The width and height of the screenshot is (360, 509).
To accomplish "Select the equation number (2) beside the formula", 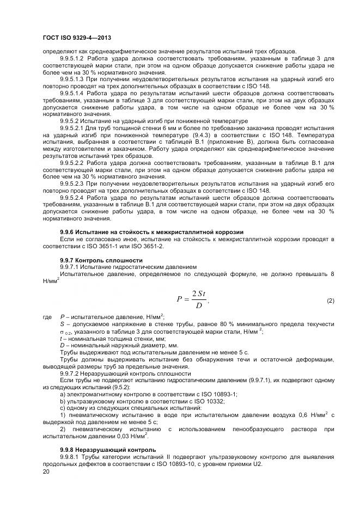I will point(330,301).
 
